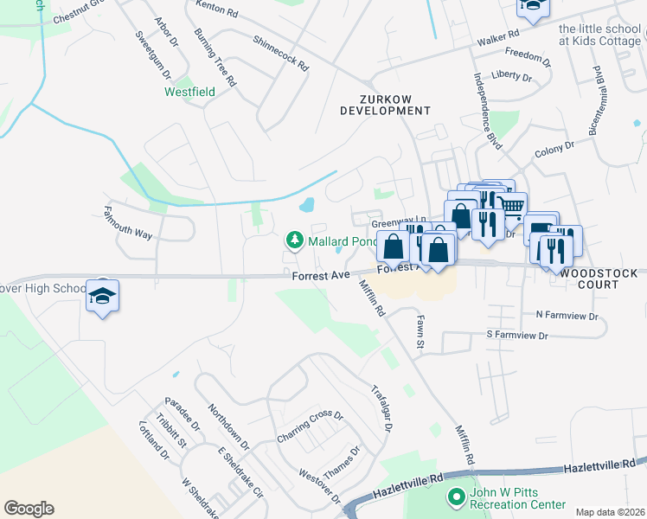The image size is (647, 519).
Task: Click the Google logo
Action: tap(29, 509)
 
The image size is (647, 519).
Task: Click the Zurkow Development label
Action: tap(384, 105)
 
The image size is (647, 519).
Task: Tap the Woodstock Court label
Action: tap(599, 279)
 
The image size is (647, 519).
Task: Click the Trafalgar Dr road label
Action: tap(383, 407)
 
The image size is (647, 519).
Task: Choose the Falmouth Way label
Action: tap(128, 222)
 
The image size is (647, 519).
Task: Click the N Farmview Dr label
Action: tap(567, 316)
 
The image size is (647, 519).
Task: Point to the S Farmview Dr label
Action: tap(517, 335)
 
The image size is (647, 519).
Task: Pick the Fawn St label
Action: tap(420, 332)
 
